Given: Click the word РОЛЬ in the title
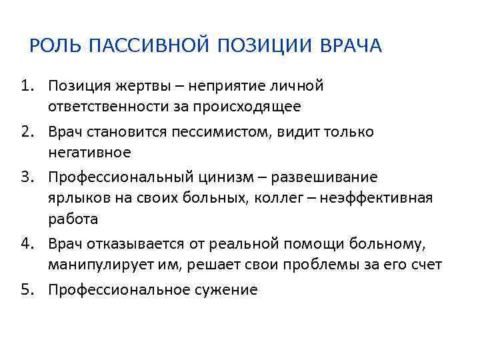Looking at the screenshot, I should coord(56,46).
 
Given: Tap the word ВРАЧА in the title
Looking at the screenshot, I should coord(351,46).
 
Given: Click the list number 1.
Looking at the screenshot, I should coord(25,86).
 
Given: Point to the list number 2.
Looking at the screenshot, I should coord(25,132).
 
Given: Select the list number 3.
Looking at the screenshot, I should coord(25,178).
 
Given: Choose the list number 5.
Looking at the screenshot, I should coord(25,290).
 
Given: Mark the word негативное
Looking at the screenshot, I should coord(89,152).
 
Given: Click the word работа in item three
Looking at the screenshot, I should coord(73,218).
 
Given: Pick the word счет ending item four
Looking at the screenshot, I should coord(427,264).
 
